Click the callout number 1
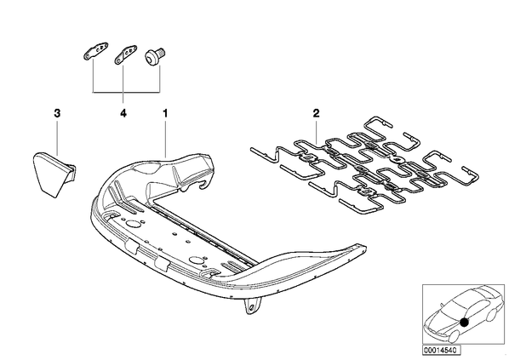click(x=165, y=113)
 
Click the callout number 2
click(x=316, y=113)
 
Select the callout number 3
click(x=57, y=113)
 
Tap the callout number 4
click(x=123, y=113)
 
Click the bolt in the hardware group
click(x=155, y=57)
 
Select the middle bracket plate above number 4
click(x=125, y=54)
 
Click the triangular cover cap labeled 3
click(x=54, y=174)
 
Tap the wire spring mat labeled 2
click(x=364, y=164)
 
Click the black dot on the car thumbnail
click(x=465, y=323)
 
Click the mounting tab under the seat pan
click(x=253, y=306)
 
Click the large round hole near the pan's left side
click(x=133, y=224)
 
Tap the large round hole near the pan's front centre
click(x=197, y=260)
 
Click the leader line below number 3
click(x=57, y=137)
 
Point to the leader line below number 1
click(x=166, y=139)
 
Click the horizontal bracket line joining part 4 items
click(x=126, y=93)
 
